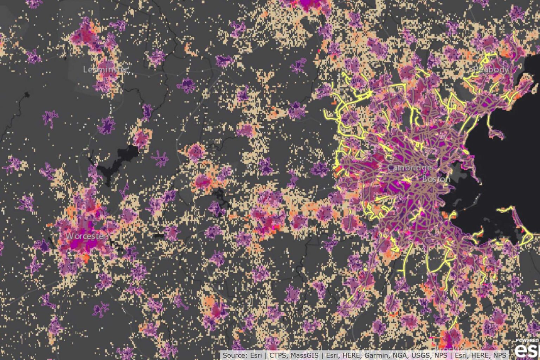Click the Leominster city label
pos(105,70)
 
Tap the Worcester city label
pos(85,236)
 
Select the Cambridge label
pos(410,168)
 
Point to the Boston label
pos(436,179)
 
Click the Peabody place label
pos(491,70)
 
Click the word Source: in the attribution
pos(234,355)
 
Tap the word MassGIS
pos(308,355)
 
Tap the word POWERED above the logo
pos(528,341)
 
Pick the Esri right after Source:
pos(256,355)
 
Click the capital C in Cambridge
pos(391,168)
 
